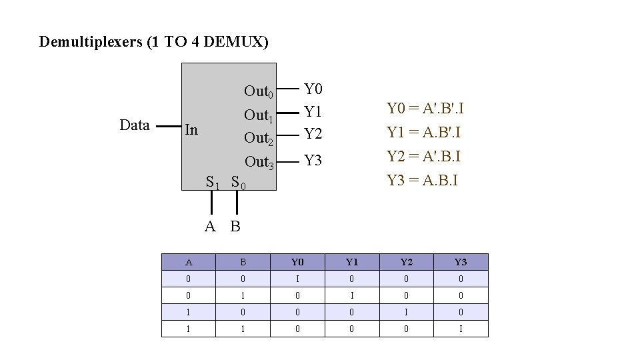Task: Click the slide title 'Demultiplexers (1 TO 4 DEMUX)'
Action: tap(154, 42)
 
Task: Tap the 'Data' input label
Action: tap(134, 125)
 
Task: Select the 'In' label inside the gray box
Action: tap(191, 129)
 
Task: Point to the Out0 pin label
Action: tap(259, 91)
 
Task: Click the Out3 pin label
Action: tap(259, 162)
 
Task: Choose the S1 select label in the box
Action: tap(213, 181)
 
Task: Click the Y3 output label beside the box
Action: tap(313, 161)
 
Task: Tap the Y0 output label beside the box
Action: tap(313, 89)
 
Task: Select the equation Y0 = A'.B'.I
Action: tap(425, 108)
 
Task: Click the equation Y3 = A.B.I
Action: tap(422, 180)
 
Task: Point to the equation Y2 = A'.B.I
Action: tap(424, 156)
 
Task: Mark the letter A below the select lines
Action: tap(210, 227)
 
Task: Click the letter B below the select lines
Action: tap(235, 227)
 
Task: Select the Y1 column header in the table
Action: tap(351, 262)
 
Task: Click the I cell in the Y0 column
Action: tap(297, 279)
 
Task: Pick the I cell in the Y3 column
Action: tap(461, 329)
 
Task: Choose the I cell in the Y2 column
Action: tap(406, 312)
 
